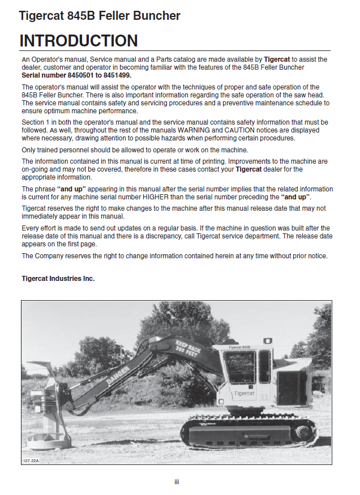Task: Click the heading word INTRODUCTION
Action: tap(79, 41)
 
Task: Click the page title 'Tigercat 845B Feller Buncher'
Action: tap(100, 16)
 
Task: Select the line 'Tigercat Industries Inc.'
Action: tap(58, 279)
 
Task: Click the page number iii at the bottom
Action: tap(177, 482)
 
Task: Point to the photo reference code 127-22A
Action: tap(31, 460)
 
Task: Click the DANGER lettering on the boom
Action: tap(118, 375)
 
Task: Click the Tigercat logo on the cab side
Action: tap(244, 392)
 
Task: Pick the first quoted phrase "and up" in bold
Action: tap(72, 189)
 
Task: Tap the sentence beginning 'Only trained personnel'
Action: tap(135, 150)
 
